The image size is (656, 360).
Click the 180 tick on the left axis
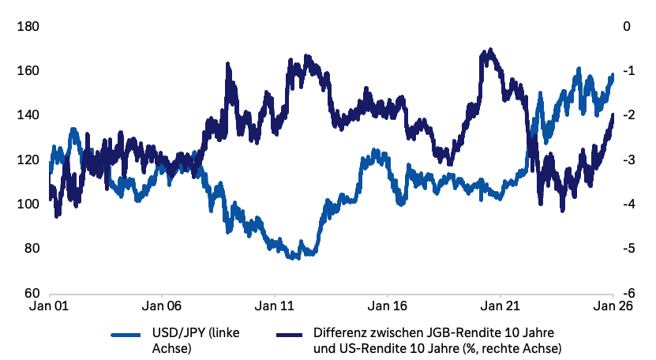point(28,27)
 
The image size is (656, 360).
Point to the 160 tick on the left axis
point(28,71)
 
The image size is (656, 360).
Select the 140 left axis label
point(28,115)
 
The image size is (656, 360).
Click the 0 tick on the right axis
point(627,27)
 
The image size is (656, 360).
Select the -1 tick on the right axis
point(628,71)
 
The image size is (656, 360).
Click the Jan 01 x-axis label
point(49,305)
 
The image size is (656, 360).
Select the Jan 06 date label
point(162,305)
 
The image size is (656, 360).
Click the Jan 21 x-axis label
point(500,305)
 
